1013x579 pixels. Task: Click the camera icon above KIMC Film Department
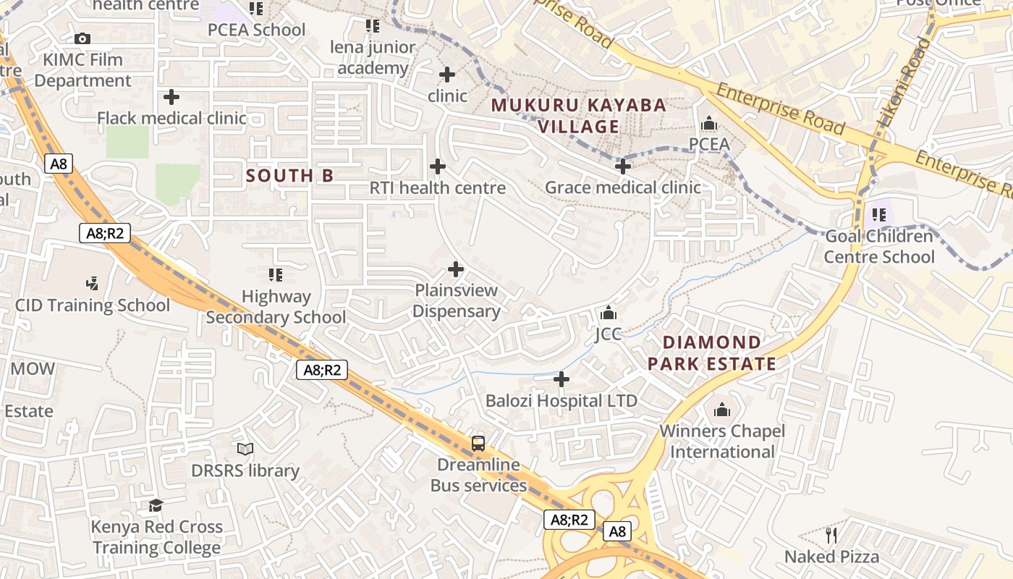(82, 38)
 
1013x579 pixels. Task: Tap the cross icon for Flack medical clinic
(171, 96)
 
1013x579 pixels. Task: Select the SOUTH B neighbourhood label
(289, 175)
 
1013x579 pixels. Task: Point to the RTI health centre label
(437, 188)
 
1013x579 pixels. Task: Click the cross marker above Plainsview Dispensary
(456, 269)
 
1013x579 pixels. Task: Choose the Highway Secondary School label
(276, 307)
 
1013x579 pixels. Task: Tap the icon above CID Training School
(92, 283)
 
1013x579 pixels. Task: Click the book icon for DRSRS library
(245, 449)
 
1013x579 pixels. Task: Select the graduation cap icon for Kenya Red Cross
(156, 505)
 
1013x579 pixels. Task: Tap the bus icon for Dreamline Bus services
(478, 443)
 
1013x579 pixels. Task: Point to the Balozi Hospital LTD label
(561, 401)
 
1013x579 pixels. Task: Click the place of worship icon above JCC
(609, 313)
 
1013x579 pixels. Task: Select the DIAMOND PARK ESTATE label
(711, 352)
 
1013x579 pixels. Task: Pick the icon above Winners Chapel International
(722, 410)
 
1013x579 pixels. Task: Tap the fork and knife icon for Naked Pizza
(831, 536)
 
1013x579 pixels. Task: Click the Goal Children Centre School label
(878, 247)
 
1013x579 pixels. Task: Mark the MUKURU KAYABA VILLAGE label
(578, 116)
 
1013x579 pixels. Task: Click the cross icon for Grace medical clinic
(623, 166)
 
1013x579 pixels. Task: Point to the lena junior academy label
(373, 58)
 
